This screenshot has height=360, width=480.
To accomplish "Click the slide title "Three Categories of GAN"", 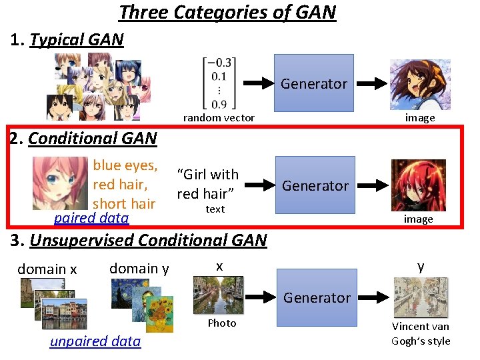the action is click(227, 12).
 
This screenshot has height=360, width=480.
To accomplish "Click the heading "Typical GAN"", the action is click(77, 40).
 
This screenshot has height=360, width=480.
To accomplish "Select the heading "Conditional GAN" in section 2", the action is click(93, 139).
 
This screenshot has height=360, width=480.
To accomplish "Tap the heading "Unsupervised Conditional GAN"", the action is click(148, 240).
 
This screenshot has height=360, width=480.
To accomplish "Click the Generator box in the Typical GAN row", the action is click(314, 83).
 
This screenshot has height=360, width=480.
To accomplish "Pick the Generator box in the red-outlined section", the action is click(315, 185).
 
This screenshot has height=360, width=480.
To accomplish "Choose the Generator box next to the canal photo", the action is click(317, 297).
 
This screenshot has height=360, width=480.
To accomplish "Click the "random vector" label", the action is click(219, 118).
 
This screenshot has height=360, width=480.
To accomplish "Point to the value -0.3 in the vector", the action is click(219, 63).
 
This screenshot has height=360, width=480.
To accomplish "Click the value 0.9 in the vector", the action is click(219, 103).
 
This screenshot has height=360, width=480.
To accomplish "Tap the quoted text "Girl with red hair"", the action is click(207, 183).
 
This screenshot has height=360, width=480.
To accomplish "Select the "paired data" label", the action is click(91, 218).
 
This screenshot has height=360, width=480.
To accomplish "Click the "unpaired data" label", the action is click(95, 341).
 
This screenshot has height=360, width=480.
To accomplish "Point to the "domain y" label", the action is click(139, 268).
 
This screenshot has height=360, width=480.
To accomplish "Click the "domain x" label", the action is click(47, 269).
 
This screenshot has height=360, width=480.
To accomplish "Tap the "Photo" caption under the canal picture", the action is click(221, 323).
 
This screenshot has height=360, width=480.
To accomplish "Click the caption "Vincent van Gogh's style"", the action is click(421, 334).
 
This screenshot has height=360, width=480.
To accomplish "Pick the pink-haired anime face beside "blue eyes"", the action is click(60, 183).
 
